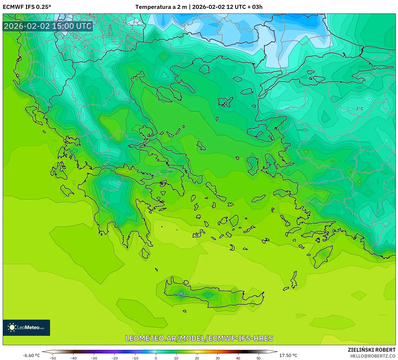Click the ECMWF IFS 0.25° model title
27,7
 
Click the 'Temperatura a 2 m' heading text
161,7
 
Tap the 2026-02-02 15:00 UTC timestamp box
48,26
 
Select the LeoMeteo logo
26,327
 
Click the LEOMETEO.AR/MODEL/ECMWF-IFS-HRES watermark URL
199,338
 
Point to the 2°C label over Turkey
360,109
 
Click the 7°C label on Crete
181,294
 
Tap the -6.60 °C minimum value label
31,355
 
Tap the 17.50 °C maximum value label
288,355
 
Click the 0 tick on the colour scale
156,358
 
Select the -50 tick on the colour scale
53,358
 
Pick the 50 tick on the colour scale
259,358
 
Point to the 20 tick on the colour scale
197,358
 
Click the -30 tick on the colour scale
94,358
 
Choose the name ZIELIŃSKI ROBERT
371,350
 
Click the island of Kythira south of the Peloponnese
146,253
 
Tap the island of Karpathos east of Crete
294,280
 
